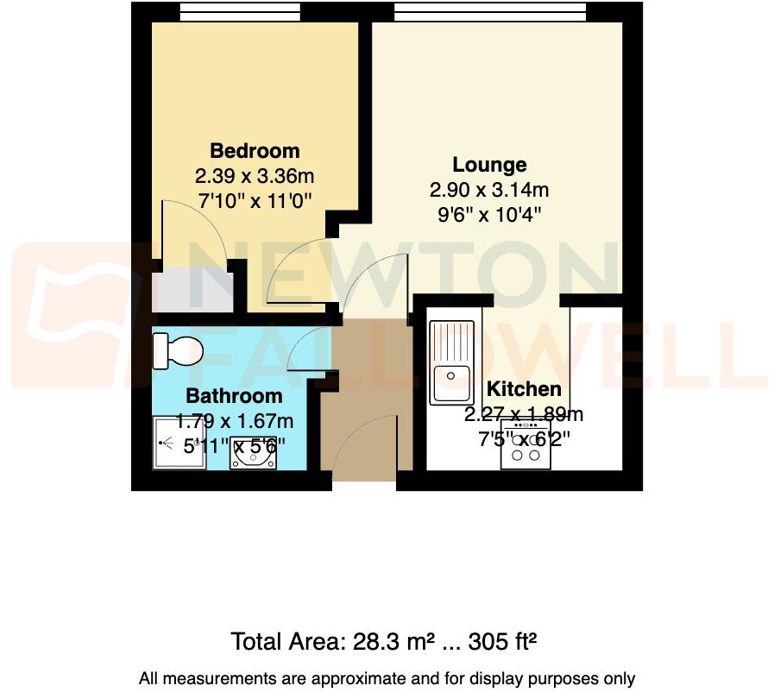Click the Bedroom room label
coord(255,151)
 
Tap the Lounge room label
coord(489,164)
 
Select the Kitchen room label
coord(524,389)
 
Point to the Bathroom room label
coord(234,396)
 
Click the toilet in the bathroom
coord(177,350)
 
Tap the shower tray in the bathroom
coord(179,444)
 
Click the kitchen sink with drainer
coord(452,362)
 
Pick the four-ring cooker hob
coord(525,445)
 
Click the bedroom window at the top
coord(240,11)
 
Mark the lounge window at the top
coord(488,11)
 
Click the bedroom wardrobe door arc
coord(194,229)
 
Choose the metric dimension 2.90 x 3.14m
coord(489,190)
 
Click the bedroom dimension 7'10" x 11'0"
coord(255,199)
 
